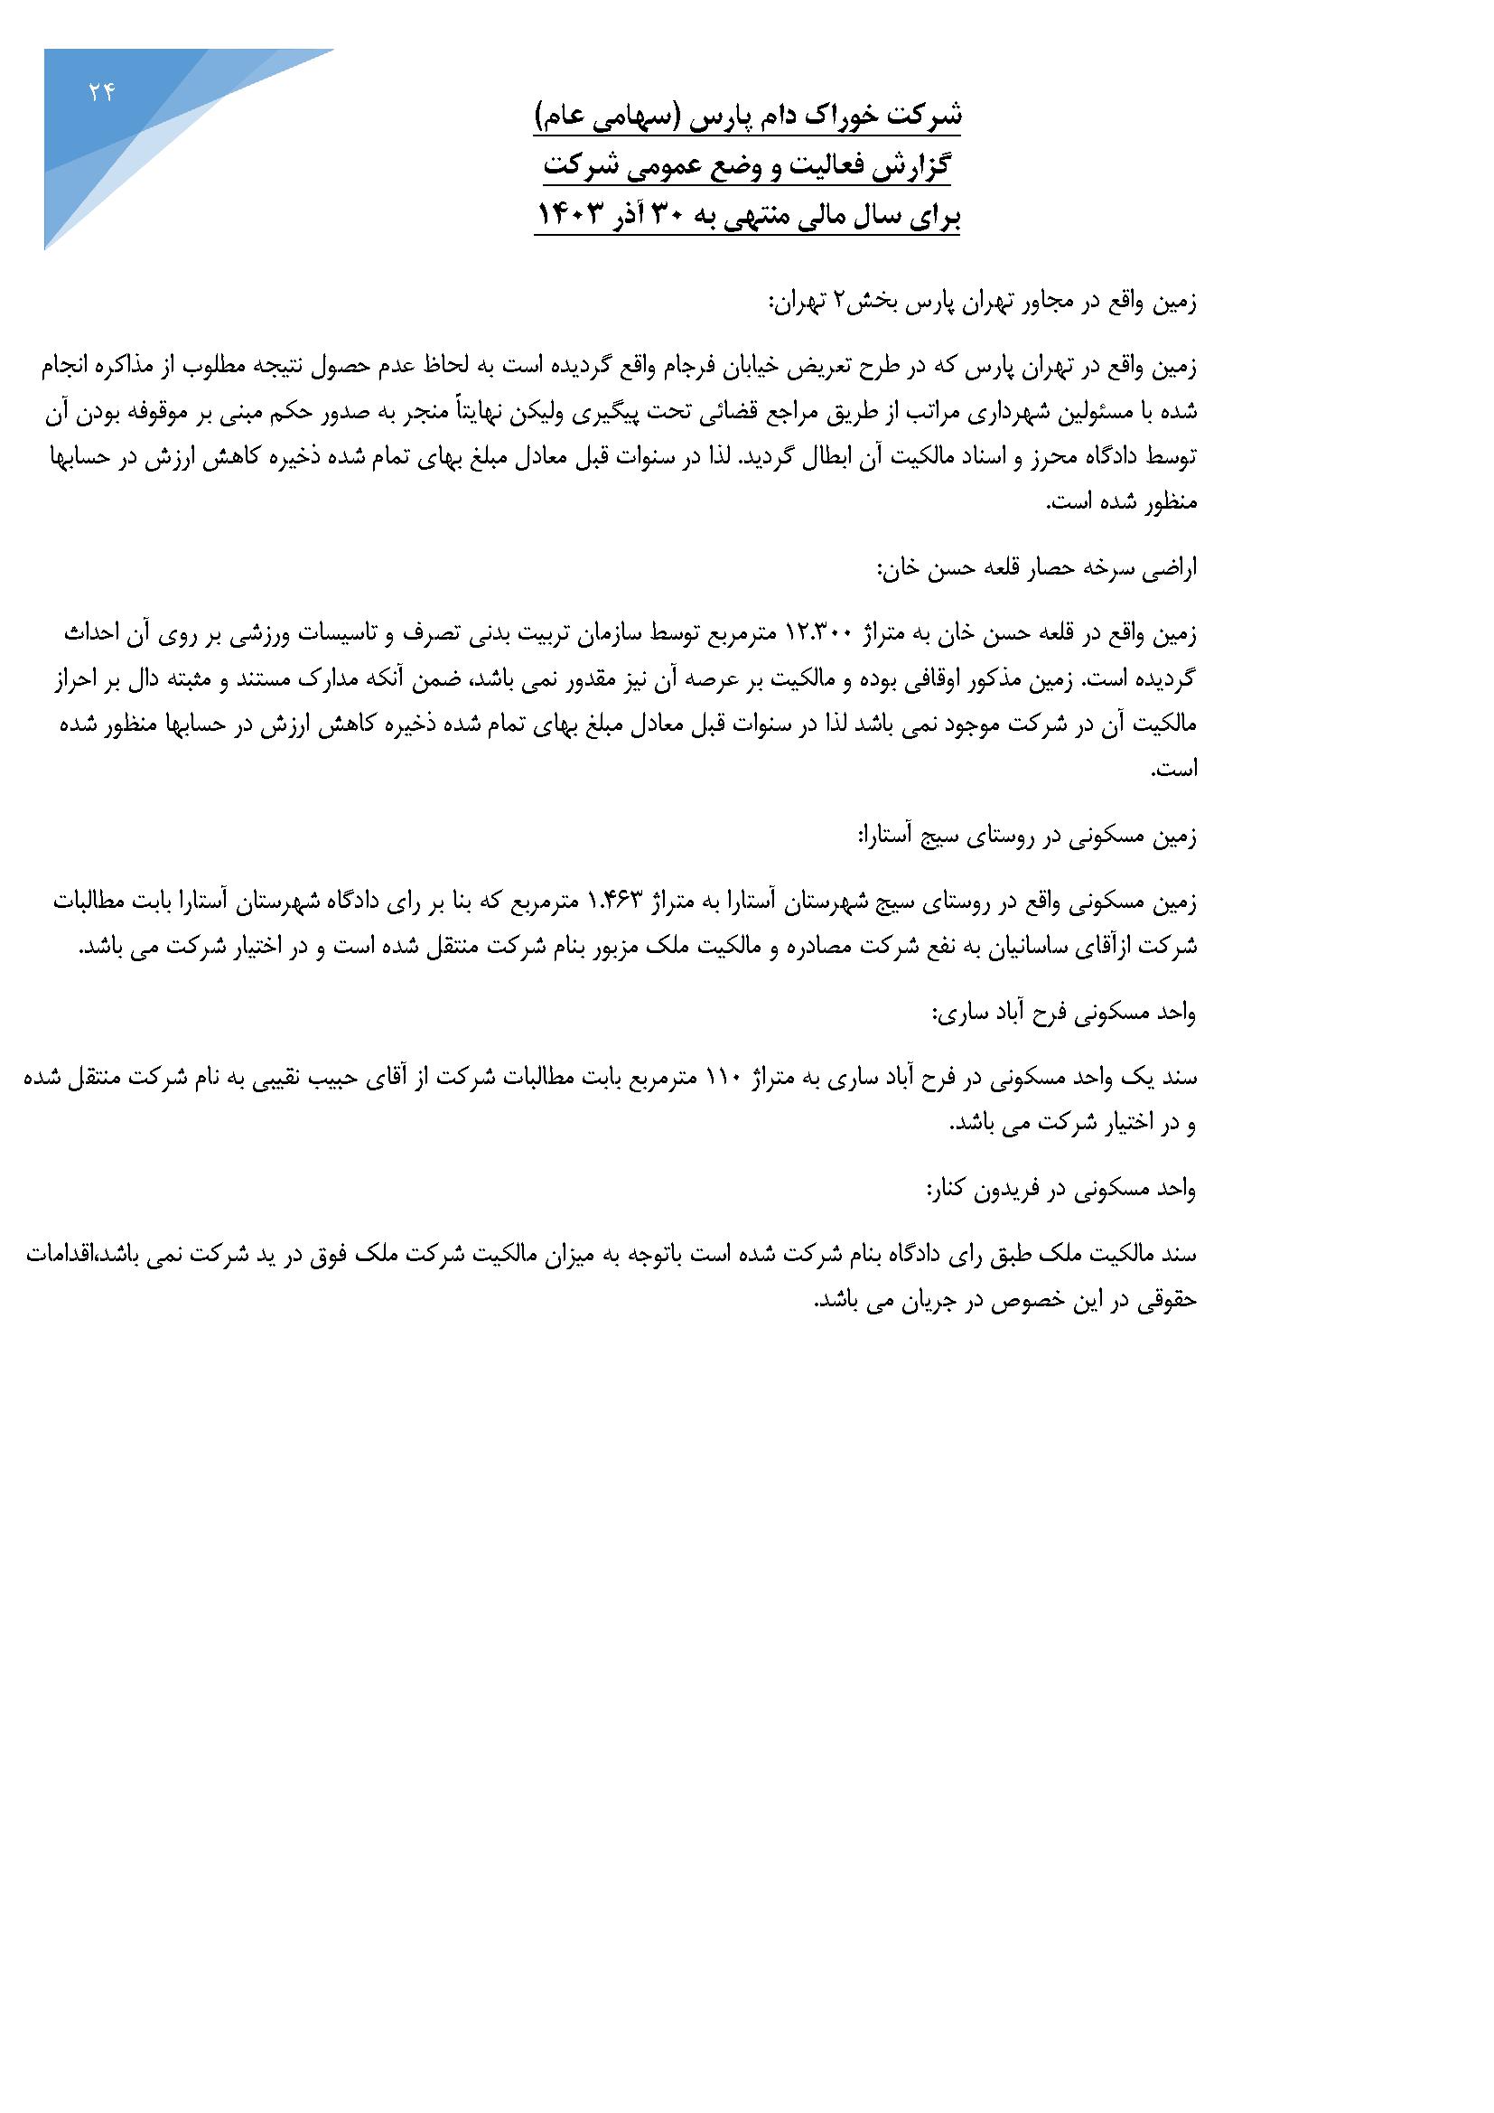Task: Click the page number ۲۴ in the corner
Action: tap(100, 92)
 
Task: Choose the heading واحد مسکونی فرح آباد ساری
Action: tap(1065, 1014)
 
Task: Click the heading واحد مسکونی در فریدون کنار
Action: tap(1060, 1190)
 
